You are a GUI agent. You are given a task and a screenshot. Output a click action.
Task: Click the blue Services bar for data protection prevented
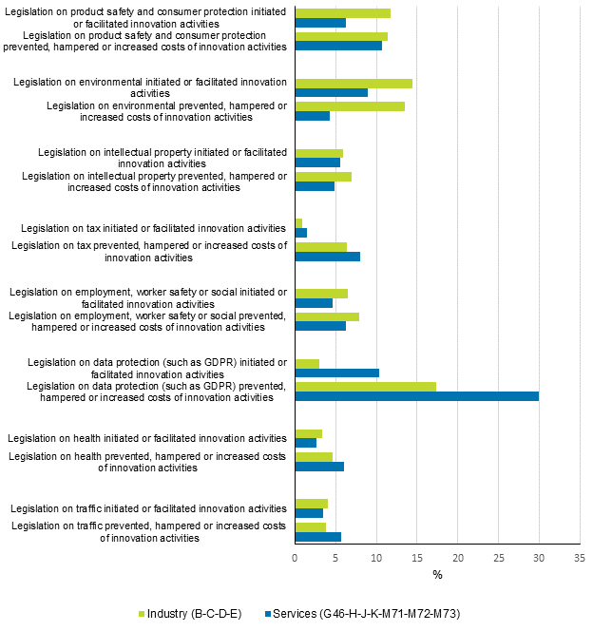coord(416,396)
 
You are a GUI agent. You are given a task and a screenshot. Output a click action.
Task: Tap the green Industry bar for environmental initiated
coord(354,83)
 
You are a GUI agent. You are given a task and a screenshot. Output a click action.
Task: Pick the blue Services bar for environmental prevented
coord(312,116)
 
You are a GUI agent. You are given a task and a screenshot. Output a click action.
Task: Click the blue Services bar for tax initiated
coord(300,233)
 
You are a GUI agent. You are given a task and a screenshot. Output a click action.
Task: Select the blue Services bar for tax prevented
coord(327,257)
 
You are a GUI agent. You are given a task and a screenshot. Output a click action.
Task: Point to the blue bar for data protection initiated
coord(336,373)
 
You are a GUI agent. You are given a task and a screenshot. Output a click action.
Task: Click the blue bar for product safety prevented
coord(338,46)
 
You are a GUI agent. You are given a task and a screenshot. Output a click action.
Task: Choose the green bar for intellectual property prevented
coord(323,176)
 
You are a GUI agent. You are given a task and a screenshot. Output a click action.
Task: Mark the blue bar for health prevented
coord(319,467)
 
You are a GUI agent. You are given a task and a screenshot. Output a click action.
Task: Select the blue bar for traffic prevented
coord(317,537)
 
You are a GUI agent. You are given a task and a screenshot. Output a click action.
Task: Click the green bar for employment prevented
coord(327,316)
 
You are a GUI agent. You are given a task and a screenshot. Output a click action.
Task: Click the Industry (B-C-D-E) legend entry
coord(190,613)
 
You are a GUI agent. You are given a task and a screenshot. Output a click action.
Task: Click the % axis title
coord(437,575)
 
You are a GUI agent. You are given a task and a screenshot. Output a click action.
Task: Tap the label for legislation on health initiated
coord(147,438)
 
